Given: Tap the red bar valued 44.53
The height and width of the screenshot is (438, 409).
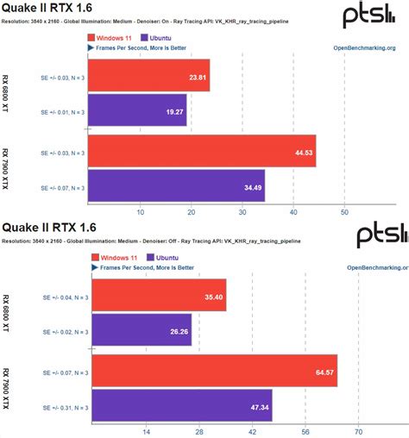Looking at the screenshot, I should [x=203, y=151].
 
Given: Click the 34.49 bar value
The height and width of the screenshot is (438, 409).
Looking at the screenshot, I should [x=251, y=186].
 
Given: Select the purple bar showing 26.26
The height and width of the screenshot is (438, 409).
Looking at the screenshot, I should [x=141, y=329].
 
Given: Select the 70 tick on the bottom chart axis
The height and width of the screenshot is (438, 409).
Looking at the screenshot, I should [x=358, y=430].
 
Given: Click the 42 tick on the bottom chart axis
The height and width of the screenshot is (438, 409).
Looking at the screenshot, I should [x=252, y=430].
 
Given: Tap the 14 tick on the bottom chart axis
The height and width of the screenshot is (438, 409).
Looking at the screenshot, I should [x=146, y=430].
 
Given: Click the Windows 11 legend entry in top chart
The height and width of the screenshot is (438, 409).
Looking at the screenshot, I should [x=115, y=38].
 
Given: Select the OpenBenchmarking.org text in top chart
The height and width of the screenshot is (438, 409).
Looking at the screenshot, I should [x=370, y=48].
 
